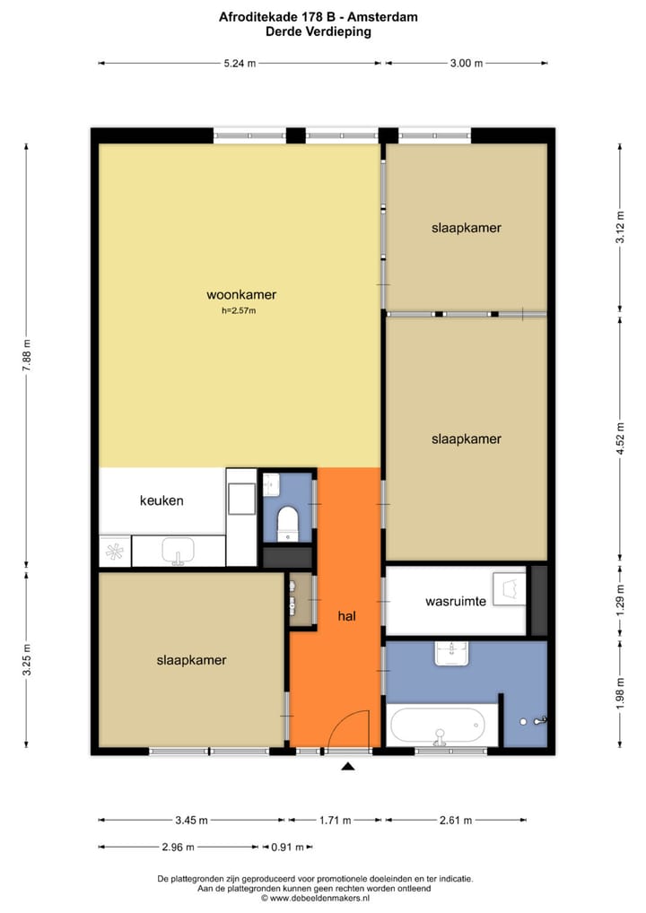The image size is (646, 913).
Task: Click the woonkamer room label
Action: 240,294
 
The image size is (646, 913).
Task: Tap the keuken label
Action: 161,500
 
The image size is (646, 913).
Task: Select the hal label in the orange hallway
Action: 348,616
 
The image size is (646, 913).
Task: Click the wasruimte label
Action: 456,601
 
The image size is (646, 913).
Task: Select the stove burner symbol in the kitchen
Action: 115,552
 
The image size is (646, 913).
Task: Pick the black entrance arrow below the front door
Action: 348,767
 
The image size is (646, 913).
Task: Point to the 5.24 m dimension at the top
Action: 240,63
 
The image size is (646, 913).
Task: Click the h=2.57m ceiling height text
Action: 239,311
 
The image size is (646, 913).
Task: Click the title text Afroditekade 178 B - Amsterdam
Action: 318,16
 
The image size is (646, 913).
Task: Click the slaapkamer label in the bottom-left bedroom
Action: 191,660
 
